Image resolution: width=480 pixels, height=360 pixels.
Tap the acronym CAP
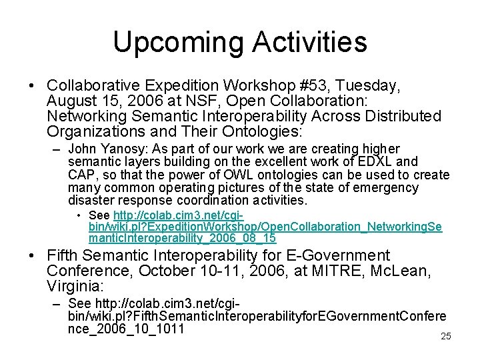pos(81,175)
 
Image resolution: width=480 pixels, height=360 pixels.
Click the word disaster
pos(91,201)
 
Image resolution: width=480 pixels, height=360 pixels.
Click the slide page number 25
pos(446,337)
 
